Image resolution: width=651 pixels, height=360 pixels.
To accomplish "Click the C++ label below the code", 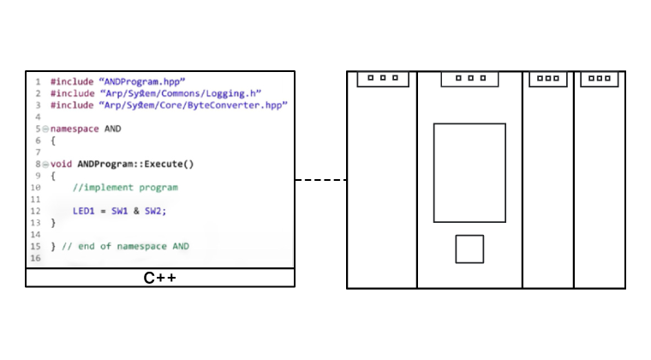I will tap(160, 279).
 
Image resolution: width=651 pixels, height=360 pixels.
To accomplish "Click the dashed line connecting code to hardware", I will tap(320, 180).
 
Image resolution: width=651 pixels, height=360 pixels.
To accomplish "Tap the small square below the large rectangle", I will tap(469, 249).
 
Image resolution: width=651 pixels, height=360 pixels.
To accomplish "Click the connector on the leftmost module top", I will tap(383, 79).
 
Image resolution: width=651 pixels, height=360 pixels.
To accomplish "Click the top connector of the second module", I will tap(469, 79).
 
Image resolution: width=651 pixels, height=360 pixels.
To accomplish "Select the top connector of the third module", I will tap(547, 79).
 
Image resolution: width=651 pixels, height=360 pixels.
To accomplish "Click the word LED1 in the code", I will tap(86, 210).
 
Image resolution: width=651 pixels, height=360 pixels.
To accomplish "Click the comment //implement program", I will tap(125, 186).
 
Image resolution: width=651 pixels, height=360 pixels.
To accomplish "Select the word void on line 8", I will tap(61, 163).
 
